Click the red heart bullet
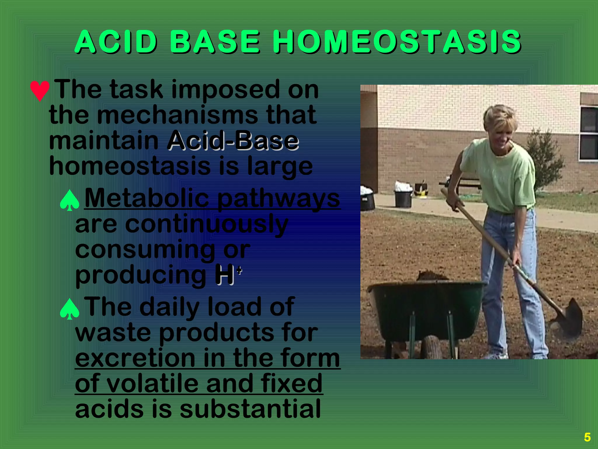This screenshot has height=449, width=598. click(x=40, y=91)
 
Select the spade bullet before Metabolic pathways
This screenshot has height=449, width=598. click(x=69, y=201)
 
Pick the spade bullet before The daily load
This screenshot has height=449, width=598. click(x=69, y=309)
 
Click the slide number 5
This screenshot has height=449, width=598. click(x=587, y=437)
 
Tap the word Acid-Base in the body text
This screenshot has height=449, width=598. click(x=233, y=141)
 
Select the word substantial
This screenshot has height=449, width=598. click(x=250, y=409)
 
